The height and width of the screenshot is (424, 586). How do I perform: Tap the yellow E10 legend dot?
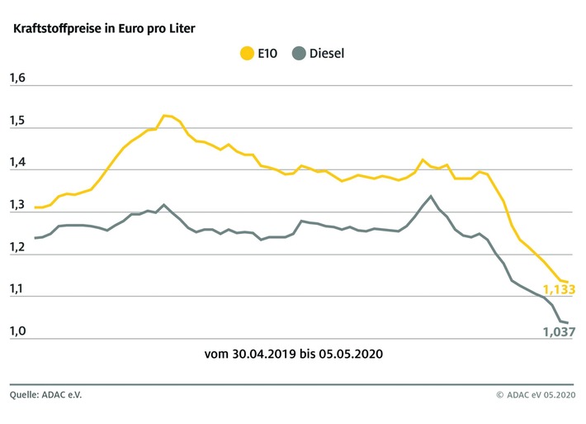click(246, 54)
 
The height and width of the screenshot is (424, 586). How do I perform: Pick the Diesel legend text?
click(327, 54)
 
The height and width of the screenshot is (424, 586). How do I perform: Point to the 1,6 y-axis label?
click(18, 79)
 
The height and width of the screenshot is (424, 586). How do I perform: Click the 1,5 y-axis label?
click(18, 121)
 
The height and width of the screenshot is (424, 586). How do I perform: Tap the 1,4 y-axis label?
click(18, 164)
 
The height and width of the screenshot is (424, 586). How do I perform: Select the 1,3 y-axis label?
click(18, 206)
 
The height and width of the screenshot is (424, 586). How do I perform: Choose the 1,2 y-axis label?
click(18, 248)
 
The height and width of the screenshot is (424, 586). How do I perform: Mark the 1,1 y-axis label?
click(18, 290)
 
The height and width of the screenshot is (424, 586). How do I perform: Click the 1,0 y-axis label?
click(18, 331)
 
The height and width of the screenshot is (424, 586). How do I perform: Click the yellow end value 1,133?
click(558, 289)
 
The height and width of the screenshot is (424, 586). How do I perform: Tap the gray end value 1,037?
click(558, 331)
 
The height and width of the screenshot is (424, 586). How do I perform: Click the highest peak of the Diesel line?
click(431, 196)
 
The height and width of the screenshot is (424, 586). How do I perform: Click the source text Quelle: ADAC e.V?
click(46, 395)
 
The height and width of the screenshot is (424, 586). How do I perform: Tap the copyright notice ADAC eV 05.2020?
click(540, 395)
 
